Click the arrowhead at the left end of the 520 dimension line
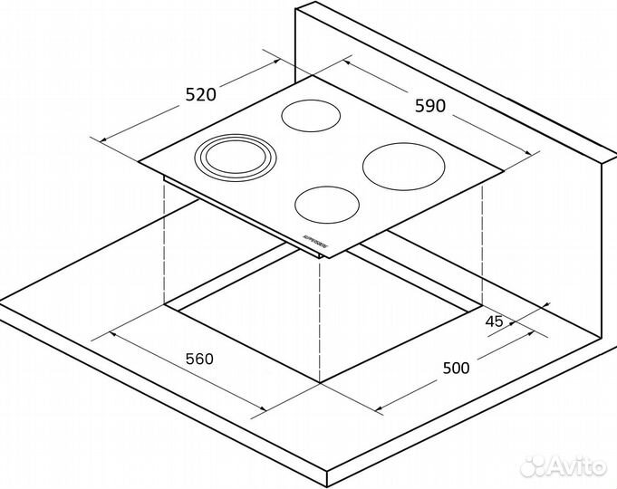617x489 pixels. coord(99,139)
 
